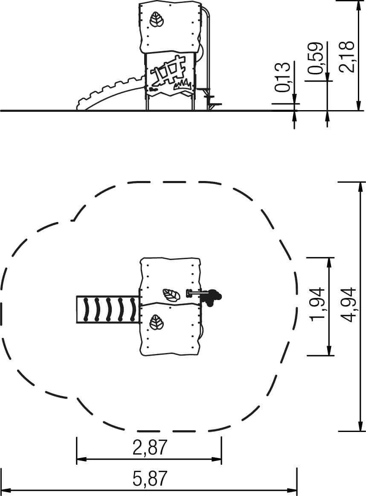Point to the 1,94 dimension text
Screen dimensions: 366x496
pos(317,304)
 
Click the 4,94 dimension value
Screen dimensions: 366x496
pos(349,305)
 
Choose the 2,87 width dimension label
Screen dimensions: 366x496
pos(149,448)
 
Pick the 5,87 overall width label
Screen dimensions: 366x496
pos(149,478)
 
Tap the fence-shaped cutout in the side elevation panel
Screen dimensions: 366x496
pos(168,72)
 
